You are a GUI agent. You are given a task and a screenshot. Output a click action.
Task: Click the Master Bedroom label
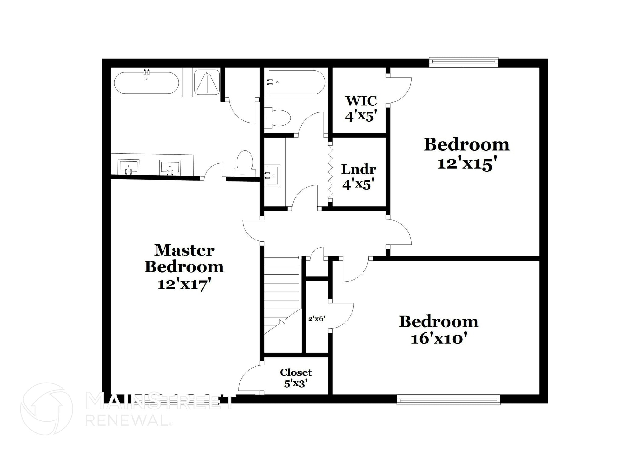(184, 259)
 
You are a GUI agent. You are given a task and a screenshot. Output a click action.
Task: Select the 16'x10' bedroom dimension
(439, 339)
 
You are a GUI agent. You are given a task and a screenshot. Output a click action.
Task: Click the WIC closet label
(361, 101)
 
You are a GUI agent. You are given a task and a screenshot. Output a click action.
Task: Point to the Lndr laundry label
(359, 169)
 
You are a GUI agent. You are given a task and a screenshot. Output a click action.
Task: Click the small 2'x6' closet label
(316, 319)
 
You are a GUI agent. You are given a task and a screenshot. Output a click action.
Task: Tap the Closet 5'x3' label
(296, 378)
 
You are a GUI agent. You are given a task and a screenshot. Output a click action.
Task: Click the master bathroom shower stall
(207, 82)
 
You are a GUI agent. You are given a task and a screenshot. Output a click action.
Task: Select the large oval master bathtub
(146, 83)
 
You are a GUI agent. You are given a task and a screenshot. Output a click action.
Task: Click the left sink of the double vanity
(128, 167)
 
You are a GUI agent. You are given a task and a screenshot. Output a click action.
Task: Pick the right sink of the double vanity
(170, 167)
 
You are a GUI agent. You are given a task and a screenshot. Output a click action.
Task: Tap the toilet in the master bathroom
(245, 163)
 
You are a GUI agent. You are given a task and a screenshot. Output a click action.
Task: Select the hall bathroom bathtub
(296, 82)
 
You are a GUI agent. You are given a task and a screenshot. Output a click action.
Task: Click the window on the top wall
(464, 62)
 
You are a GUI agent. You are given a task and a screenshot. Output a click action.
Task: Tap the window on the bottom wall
(448, 399)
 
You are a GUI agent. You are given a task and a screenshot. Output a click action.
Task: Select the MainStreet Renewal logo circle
(46, 409)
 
